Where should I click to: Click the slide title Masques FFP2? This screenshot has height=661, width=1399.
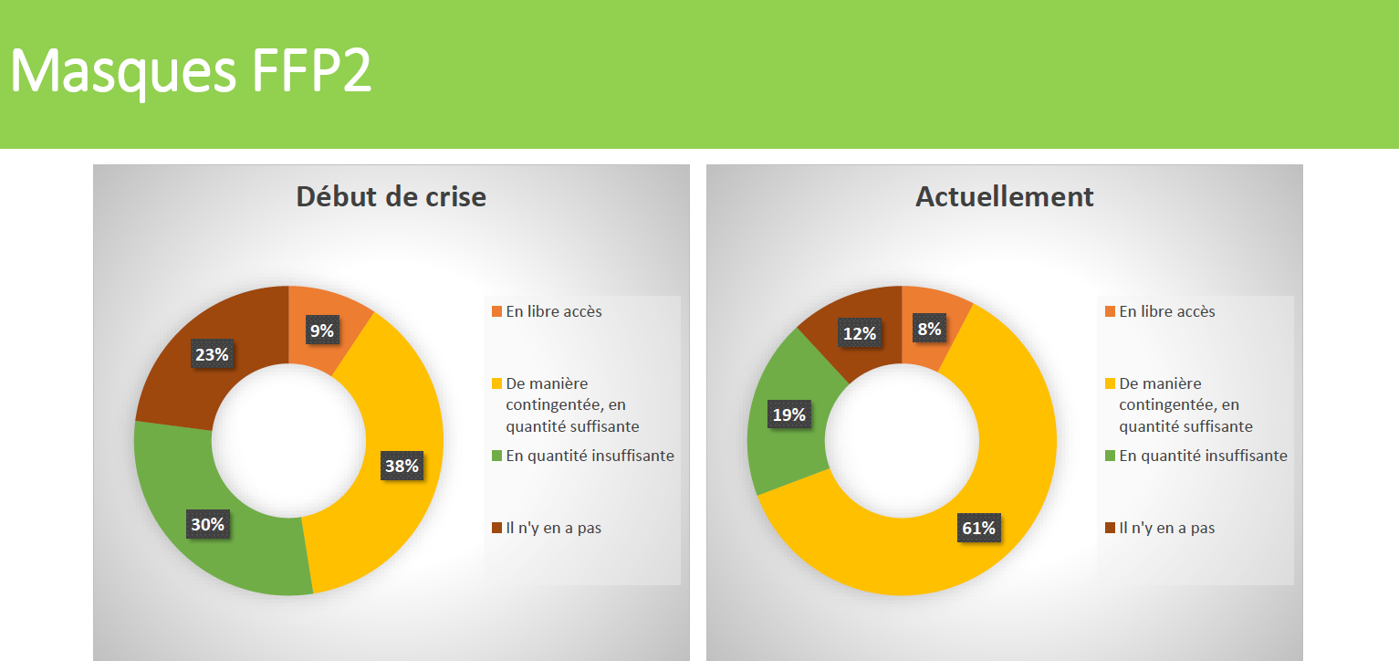coord(192,71)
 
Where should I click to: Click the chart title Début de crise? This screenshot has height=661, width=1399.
coord(391,196)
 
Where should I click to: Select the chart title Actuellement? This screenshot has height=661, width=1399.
coord(1004,196)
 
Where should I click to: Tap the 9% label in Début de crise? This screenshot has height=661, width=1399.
coord(321,330)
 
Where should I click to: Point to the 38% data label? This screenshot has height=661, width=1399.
coord(401,466)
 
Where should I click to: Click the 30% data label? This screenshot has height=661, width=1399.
coord(207,524)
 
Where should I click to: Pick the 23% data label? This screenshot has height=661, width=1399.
coord(211,354)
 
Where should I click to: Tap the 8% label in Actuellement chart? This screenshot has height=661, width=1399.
coord(929,330)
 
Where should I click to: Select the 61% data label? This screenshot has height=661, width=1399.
coord(977,527)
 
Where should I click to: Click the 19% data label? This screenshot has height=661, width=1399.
coord(788,414)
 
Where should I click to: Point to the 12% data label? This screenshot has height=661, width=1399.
coord(859,334)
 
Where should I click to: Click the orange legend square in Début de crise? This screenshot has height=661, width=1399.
coord(496,312)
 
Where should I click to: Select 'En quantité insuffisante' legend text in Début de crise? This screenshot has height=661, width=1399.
coord(590,456)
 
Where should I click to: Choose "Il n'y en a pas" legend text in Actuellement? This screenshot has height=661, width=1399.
coord(1166,528)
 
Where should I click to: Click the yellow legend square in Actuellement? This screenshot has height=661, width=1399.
coord(1110,384)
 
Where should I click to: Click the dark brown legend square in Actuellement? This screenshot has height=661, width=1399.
coord(1110,529)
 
